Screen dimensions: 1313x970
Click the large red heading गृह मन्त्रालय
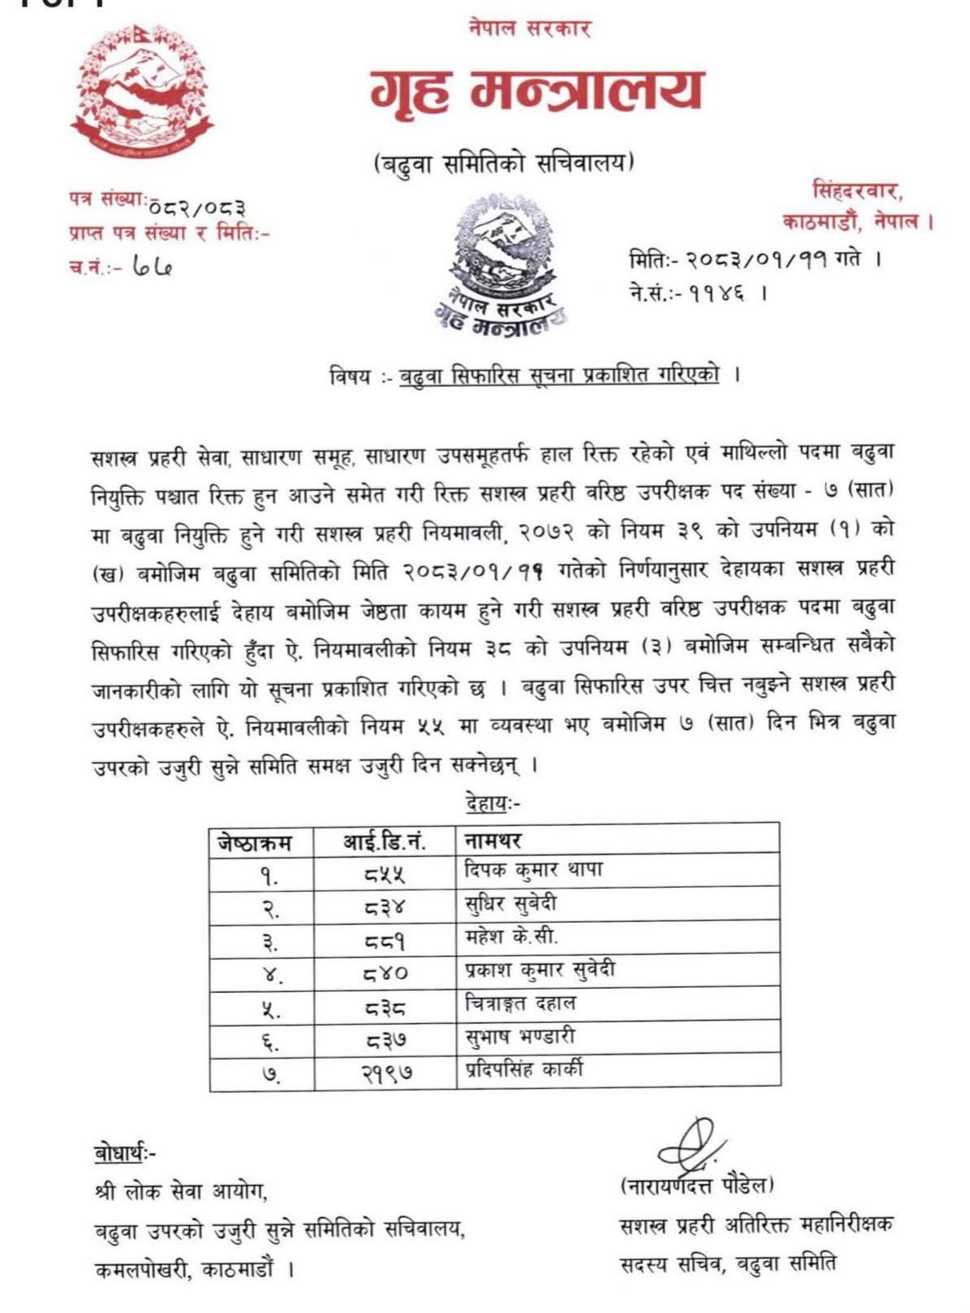click(535, 90)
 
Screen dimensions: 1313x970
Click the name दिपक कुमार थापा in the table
click(533, 870)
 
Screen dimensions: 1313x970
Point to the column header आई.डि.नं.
click(384, 841)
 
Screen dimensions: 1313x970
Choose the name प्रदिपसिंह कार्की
click(524, 1069)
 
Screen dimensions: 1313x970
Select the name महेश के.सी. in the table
click(511, 937)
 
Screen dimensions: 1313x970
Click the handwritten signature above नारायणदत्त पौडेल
click(686, 1144)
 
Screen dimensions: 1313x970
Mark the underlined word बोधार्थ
click(121, 1153)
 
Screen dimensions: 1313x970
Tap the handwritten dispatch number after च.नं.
click(152, 266)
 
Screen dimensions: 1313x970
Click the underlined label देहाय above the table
click(489, 803)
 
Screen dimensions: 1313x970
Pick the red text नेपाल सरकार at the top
click(529, 28)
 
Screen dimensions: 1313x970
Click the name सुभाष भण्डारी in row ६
click(520, 1037)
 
